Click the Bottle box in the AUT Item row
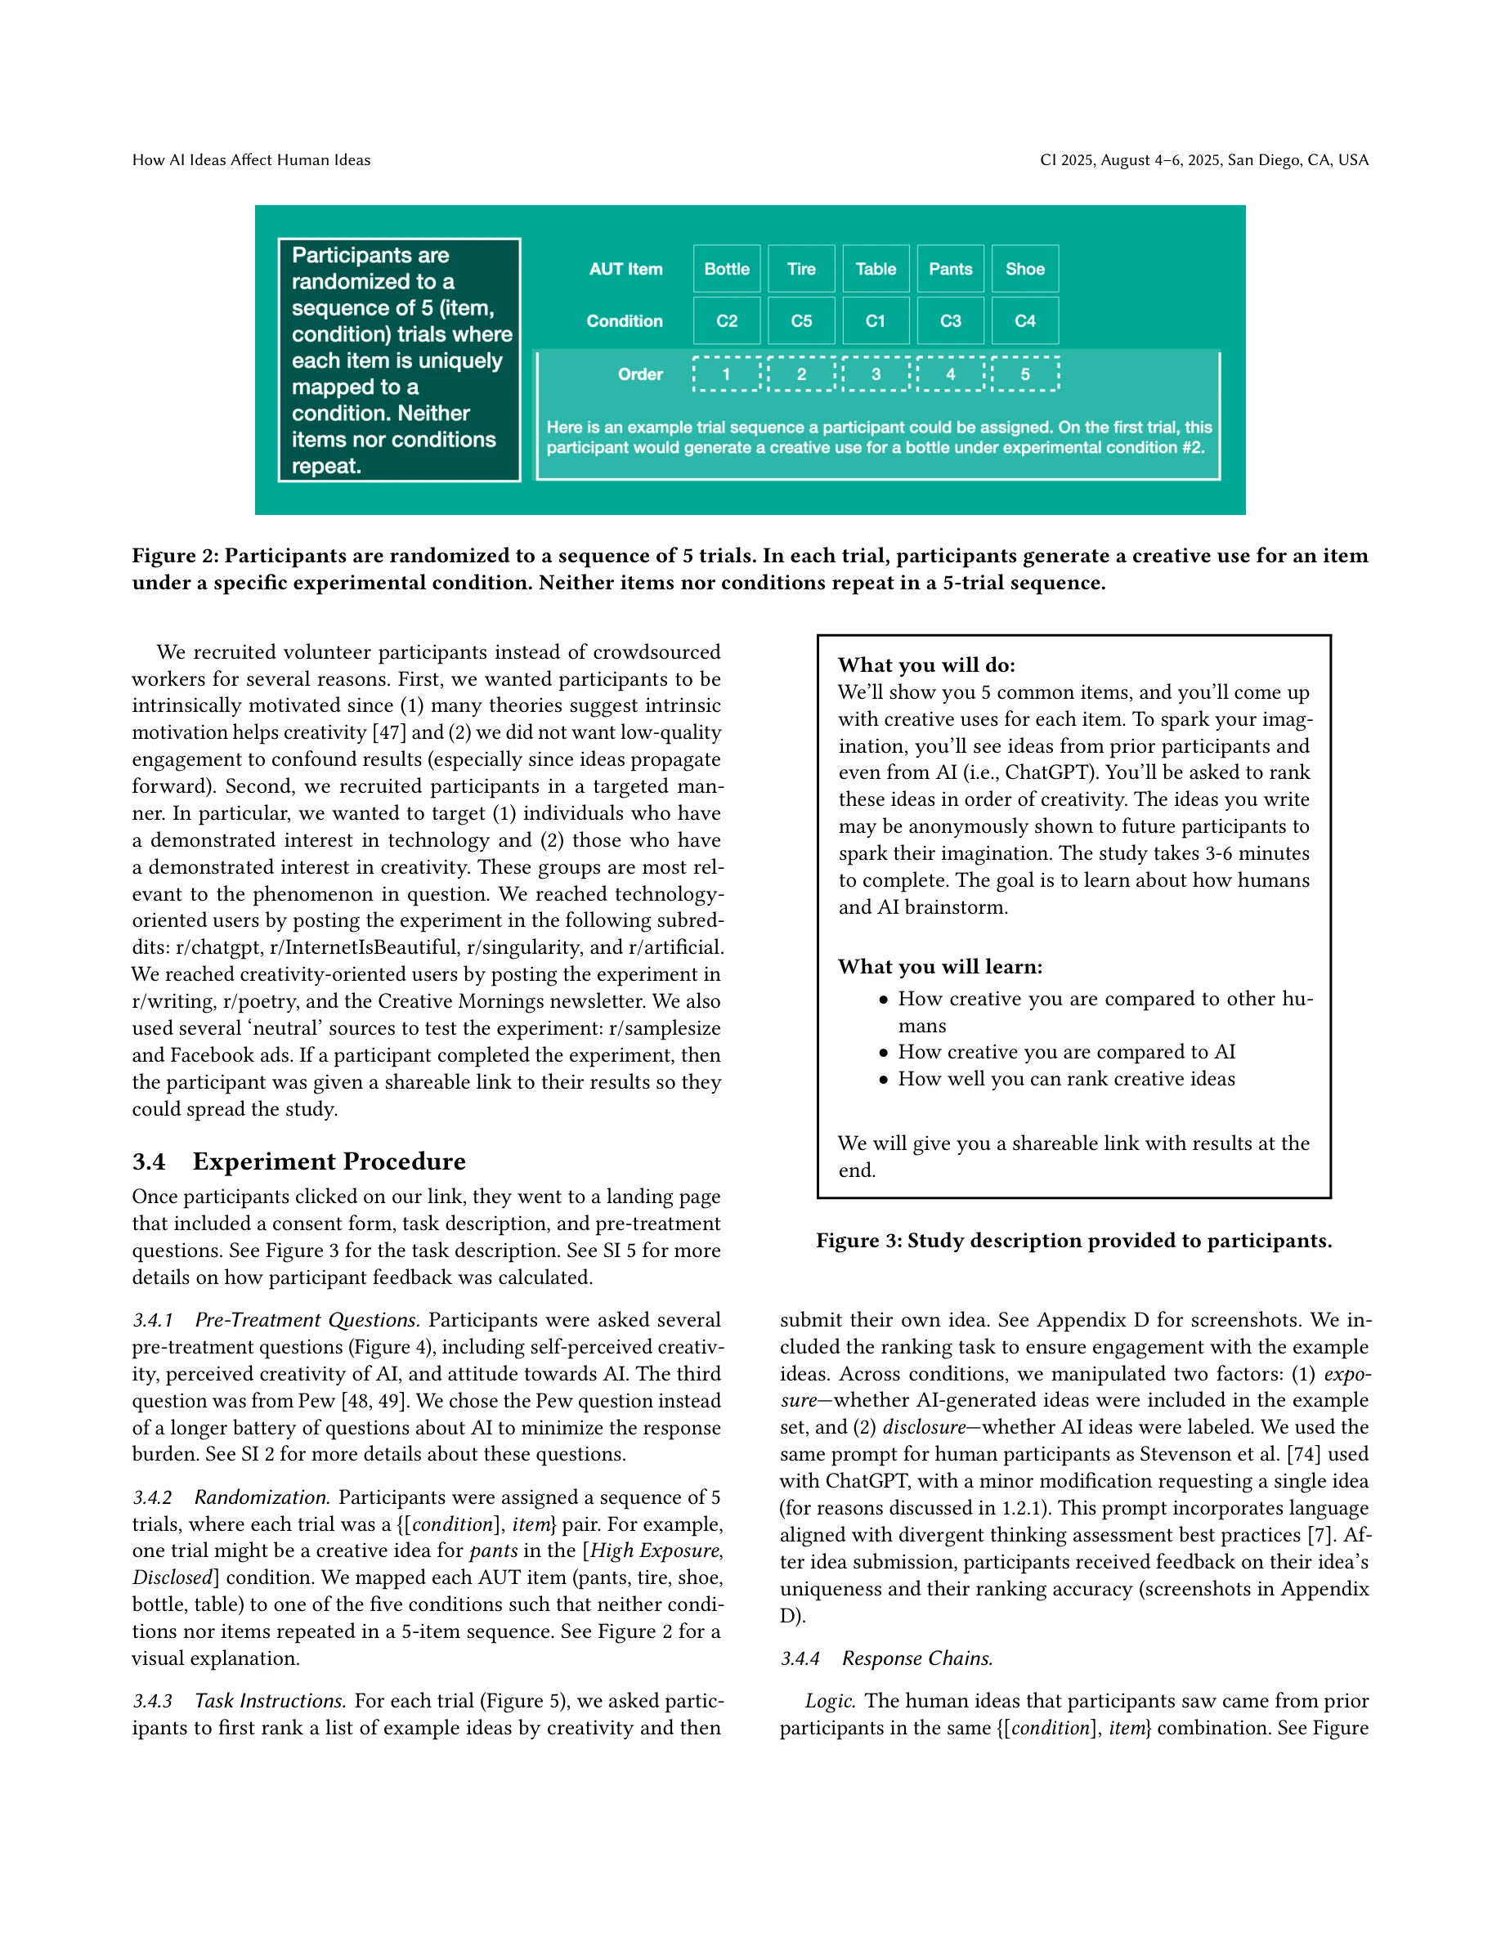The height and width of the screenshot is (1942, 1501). point(727,269)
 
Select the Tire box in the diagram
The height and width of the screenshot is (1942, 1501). point(801,269)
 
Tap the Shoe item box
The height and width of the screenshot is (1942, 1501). point(1024,269)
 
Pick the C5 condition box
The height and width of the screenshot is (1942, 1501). point(801,321)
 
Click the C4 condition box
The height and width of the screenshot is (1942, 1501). point(1024,321)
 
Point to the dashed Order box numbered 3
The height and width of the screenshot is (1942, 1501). point(876,374)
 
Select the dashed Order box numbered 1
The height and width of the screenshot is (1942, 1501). point(727,374)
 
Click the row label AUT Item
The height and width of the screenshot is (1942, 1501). point(625,269)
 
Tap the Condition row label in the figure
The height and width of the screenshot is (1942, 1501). point(625,321)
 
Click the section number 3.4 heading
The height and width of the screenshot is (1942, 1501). point(149,1162)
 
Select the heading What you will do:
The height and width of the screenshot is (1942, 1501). point(925,665)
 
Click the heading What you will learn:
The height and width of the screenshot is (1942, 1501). point(940,967)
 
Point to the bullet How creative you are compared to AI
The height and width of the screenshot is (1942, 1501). point(1065,1052)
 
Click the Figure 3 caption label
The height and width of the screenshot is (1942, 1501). point(858,1241)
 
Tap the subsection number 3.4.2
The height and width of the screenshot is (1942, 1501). point(152,1497)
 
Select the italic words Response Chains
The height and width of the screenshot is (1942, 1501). point(916,1658)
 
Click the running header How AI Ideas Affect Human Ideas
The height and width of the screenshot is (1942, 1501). point(251,160)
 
